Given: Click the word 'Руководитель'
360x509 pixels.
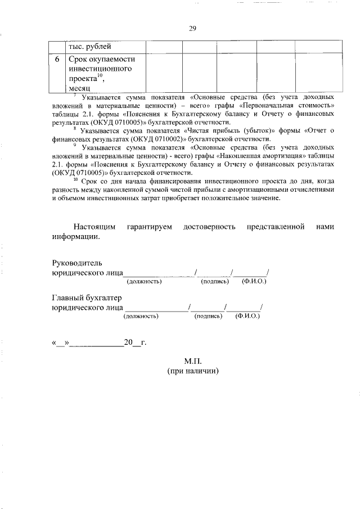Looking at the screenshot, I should tap(77, 263).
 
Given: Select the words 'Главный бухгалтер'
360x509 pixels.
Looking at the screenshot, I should tap(87, 298).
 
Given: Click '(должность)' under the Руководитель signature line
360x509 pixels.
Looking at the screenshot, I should tap(144, 281).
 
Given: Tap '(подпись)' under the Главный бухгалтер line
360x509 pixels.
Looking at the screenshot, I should tap(208, 316).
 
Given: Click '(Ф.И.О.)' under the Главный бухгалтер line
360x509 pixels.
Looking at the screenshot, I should tap(247, 316).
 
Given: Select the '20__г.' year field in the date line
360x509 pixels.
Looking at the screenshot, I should tap(135, 342).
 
